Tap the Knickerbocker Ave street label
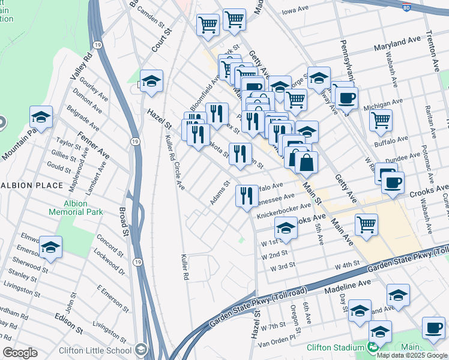pyautogui.click(x=282, y=214)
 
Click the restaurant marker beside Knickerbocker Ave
pyautogui.click(x=247, y=195)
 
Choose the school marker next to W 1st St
pyautogui.click(x=286, y=229)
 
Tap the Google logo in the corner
pyautogui.click(x=20, y=353)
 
